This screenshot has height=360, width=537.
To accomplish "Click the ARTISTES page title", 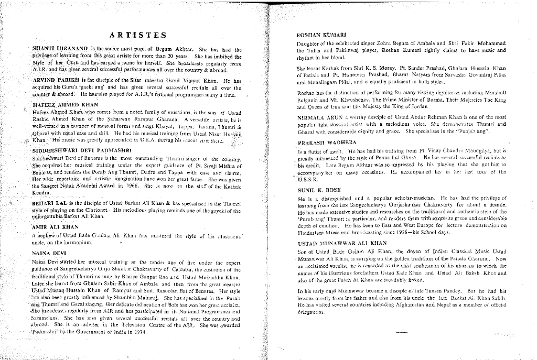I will pyautogui.click(x=138, y=36).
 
